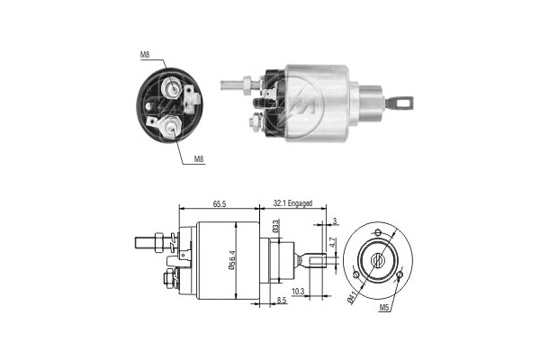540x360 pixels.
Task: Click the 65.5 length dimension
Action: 220,205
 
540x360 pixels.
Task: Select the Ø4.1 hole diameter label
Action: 351,294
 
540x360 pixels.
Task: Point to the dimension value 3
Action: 334,220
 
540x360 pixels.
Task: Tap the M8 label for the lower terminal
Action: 199,159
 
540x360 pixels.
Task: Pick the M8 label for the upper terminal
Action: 145,56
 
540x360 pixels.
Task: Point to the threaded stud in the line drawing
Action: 143,241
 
